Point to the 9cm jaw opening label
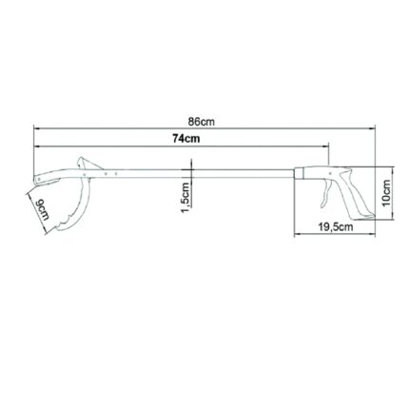[x=41, y=210]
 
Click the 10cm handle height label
[x=386, y=193]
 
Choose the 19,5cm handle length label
[x=335, y=227]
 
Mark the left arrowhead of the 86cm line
[x=36, y=128]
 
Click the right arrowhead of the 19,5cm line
[x=369, y=235]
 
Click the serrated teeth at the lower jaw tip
[x=57, y=227]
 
